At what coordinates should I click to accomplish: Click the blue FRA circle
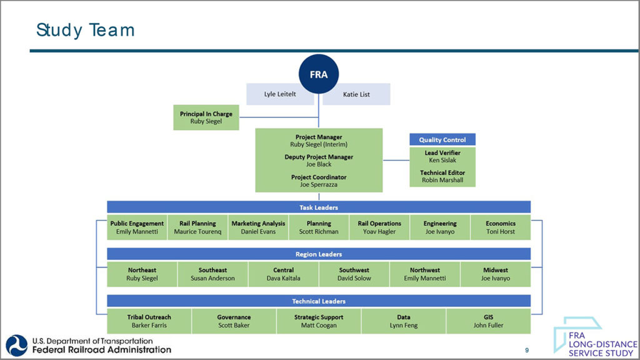coord(319,74)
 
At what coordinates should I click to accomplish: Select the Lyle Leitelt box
coord(280,94)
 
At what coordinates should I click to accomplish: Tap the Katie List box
coord(356,94)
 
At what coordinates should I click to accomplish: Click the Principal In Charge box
coord(206,117)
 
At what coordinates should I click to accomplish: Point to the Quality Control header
coord(442,140)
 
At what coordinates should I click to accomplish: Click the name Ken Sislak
coord(442,160)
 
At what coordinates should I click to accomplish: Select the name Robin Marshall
coord(442,180)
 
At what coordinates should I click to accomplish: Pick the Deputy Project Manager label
coord(319,157)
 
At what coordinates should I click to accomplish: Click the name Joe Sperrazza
coord(319,184)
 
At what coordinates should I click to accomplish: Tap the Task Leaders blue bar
coord(319,207)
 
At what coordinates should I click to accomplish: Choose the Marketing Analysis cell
coord(258,227)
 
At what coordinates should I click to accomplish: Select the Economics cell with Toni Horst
coord(501,227)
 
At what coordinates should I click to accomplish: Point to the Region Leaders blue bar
coord(319,254)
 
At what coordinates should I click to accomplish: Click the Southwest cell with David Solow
coord(354,274)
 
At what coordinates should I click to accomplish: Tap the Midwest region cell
coord(496,274)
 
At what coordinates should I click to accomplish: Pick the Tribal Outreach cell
coord(149,321)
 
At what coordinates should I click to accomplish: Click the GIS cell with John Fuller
coord(488,321)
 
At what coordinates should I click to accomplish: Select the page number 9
coord(527,349)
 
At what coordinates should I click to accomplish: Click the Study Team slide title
coord(86,29)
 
